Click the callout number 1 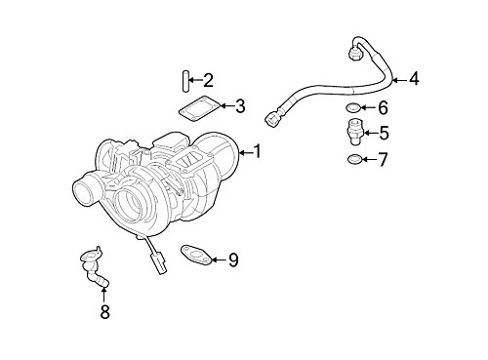coord(258,152)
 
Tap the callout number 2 coord(208,80)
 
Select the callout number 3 coord(240,106)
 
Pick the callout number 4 coord(414,78)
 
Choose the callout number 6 coord(384,108)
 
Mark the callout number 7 coord(384,158)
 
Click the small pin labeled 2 coord(183,80)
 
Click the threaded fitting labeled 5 coord(354,132)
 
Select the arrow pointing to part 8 coord(105,294)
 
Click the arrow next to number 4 coord(397,78)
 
